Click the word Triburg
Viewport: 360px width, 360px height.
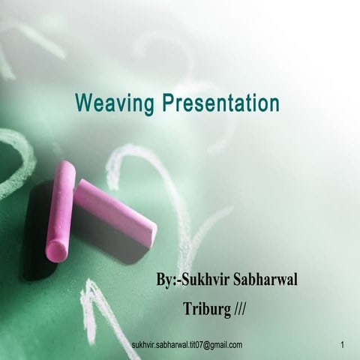(207, 308)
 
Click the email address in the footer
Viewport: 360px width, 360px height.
(187, 345)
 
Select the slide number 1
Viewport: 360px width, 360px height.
(342, 345)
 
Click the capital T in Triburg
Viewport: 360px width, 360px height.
(187, 308)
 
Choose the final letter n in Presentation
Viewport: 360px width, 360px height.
(274, 105)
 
